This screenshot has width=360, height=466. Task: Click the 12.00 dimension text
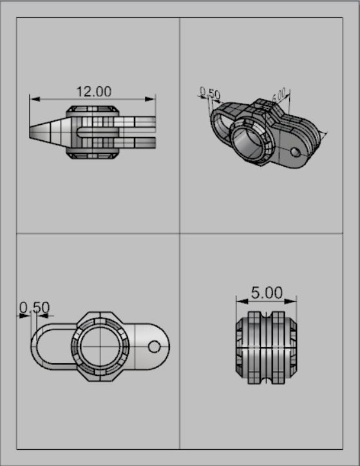[94, 91]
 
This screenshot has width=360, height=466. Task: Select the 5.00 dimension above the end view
[267, 293]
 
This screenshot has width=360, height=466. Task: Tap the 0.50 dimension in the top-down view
[34, 308]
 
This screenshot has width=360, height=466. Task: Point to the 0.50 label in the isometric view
[210, 94]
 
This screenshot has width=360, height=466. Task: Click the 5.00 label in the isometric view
[279, 97]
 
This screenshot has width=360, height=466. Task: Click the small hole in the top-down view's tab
[154, 347]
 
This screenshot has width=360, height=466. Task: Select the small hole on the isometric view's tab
[295, 152]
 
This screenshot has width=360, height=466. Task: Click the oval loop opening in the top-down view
[52, 347]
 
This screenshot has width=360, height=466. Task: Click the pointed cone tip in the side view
[33, 131]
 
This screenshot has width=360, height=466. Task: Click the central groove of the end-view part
[267, 348]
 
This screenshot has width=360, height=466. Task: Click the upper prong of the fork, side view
[138, 121]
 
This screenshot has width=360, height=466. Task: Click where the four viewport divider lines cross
[180, 234]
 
